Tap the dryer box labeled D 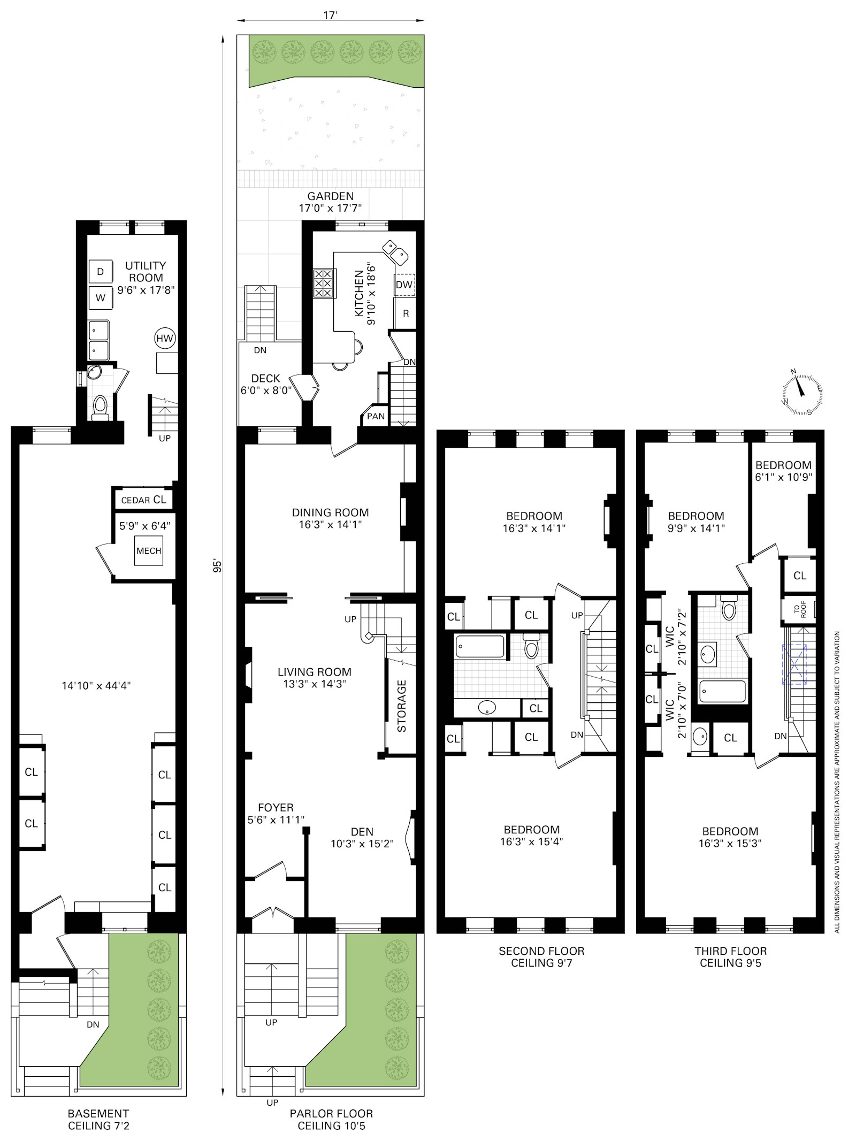(100, 271)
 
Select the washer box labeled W (100, 298)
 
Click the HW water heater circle (165, 338)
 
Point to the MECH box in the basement (148, 550)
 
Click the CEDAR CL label (143, 500)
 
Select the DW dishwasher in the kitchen (404, 285)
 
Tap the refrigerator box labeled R (406, 313)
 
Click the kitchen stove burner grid (323, 283)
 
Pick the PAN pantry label (376, 416)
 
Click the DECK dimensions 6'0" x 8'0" (266, 390)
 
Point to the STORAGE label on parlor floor (402, 706)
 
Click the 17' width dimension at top (330, 16)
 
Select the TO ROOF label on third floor (799, 610)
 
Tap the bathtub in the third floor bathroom (722, 692)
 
